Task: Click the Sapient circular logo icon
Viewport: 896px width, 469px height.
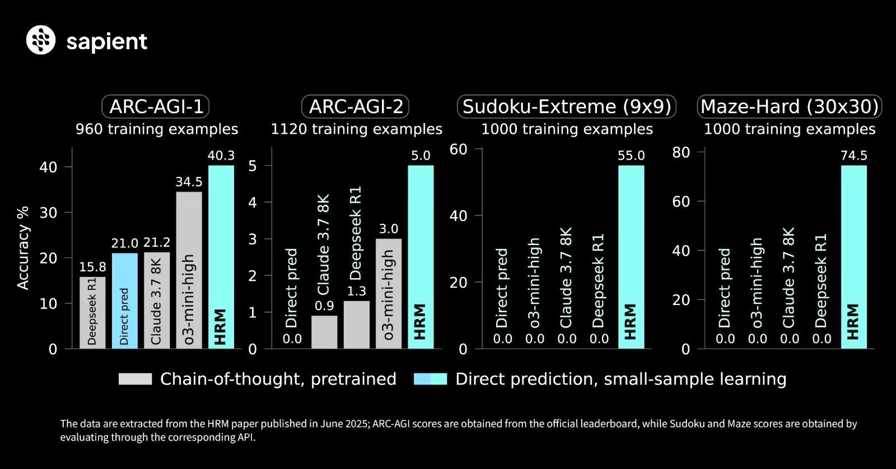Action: pos(41,40)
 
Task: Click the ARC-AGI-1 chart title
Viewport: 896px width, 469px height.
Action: pos(156,106)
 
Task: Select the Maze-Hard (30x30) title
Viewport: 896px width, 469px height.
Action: pos(790,106)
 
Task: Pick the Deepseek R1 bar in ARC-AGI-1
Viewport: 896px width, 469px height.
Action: pos(92,312)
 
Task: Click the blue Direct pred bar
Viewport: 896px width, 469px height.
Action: pos(124,301)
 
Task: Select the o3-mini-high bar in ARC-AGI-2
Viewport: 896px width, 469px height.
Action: pos(389,293)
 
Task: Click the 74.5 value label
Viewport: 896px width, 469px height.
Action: pos(853,156)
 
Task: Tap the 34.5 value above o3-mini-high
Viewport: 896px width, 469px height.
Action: pos(189,182)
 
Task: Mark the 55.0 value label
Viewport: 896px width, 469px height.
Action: pos(631,156)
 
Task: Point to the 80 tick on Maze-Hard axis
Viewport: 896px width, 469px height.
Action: pos(681,152)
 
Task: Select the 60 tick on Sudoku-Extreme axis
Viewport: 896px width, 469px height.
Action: pos(459,149)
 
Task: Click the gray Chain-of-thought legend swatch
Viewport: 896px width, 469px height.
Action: pos(135,379)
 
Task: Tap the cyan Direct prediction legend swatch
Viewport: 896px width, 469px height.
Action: pos(430,379)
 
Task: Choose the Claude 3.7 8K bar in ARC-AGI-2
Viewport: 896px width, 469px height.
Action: pos(324,332)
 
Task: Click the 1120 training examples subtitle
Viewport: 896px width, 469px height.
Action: pos(357,129)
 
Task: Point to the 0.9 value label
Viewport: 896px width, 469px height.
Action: pos(324,306)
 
